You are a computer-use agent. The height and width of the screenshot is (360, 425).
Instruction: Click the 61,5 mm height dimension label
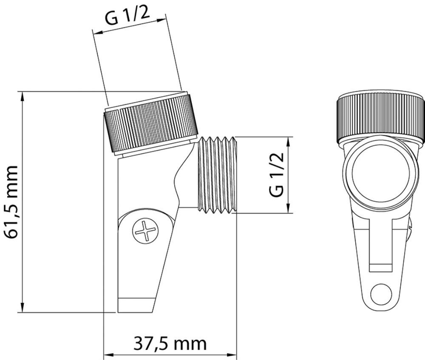click(x=11, y=202)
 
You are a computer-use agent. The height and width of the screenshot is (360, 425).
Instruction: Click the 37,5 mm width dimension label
click(x=170, y=344)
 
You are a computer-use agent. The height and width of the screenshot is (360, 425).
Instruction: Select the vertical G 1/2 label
click(x=277, y=174)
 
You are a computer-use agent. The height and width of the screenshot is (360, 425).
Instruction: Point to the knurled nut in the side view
click(x=151, y=124)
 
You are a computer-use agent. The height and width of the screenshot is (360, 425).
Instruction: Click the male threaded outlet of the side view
click(x=217, y=174)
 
